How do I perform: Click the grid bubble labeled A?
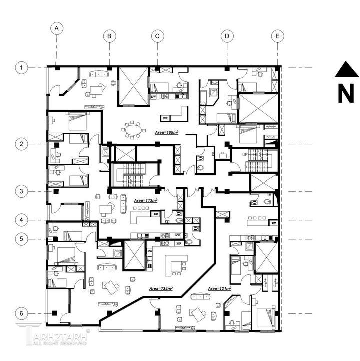[57, 28]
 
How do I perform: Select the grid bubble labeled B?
[110, 36]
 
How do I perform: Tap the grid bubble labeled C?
[157, 36]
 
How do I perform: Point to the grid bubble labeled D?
[227, 36]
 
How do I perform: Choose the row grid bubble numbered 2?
[21, 144]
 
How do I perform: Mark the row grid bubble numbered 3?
[21, 191]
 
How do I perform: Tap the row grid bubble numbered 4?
[21, 220]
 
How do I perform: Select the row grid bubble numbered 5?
[21, 239]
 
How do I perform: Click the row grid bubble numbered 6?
[21, 314]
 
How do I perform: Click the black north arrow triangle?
[346, 70]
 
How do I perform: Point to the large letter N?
[346, 93]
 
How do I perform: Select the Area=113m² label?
[145, 200]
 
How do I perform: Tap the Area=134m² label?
[161, 289]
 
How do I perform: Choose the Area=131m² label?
[218, 289]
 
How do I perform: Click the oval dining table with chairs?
[133, 131]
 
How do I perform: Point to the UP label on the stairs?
[244, 155]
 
